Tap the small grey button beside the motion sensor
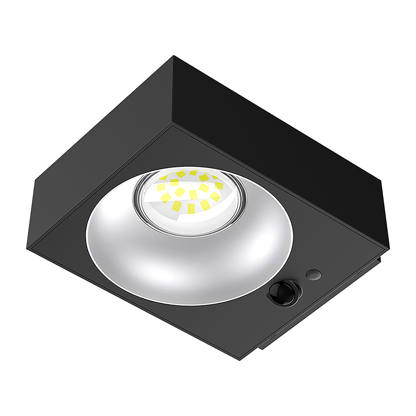click(313, 274)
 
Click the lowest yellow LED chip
click(191, 208)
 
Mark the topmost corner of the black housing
click(174, 56)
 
